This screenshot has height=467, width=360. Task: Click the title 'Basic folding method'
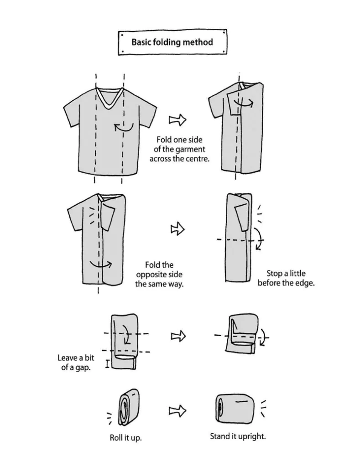coord(172,42)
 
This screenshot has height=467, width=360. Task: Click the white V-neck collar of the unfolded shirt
coord(110,99)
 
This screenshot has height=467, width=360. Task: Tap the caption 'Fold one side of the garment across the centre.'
coord(180,150)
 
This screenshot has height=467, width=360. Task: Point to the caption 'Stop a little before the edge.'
coord(286,278)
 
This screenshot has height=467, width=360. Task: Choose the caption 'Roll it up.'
coord(125,438)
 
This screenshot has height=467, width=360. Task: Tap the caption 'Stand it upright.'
coord(238,436)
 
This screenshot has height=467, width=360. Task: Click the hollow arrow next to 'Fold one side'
coord(178,119)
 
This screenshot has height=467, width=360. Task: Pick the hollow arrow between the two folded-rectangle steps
coord(177,337)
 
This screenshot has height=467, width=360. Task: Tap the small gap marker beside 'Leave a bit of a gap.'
coord(107,364)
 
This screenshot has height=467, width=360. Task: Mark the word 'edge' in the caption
coord(305,283)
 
